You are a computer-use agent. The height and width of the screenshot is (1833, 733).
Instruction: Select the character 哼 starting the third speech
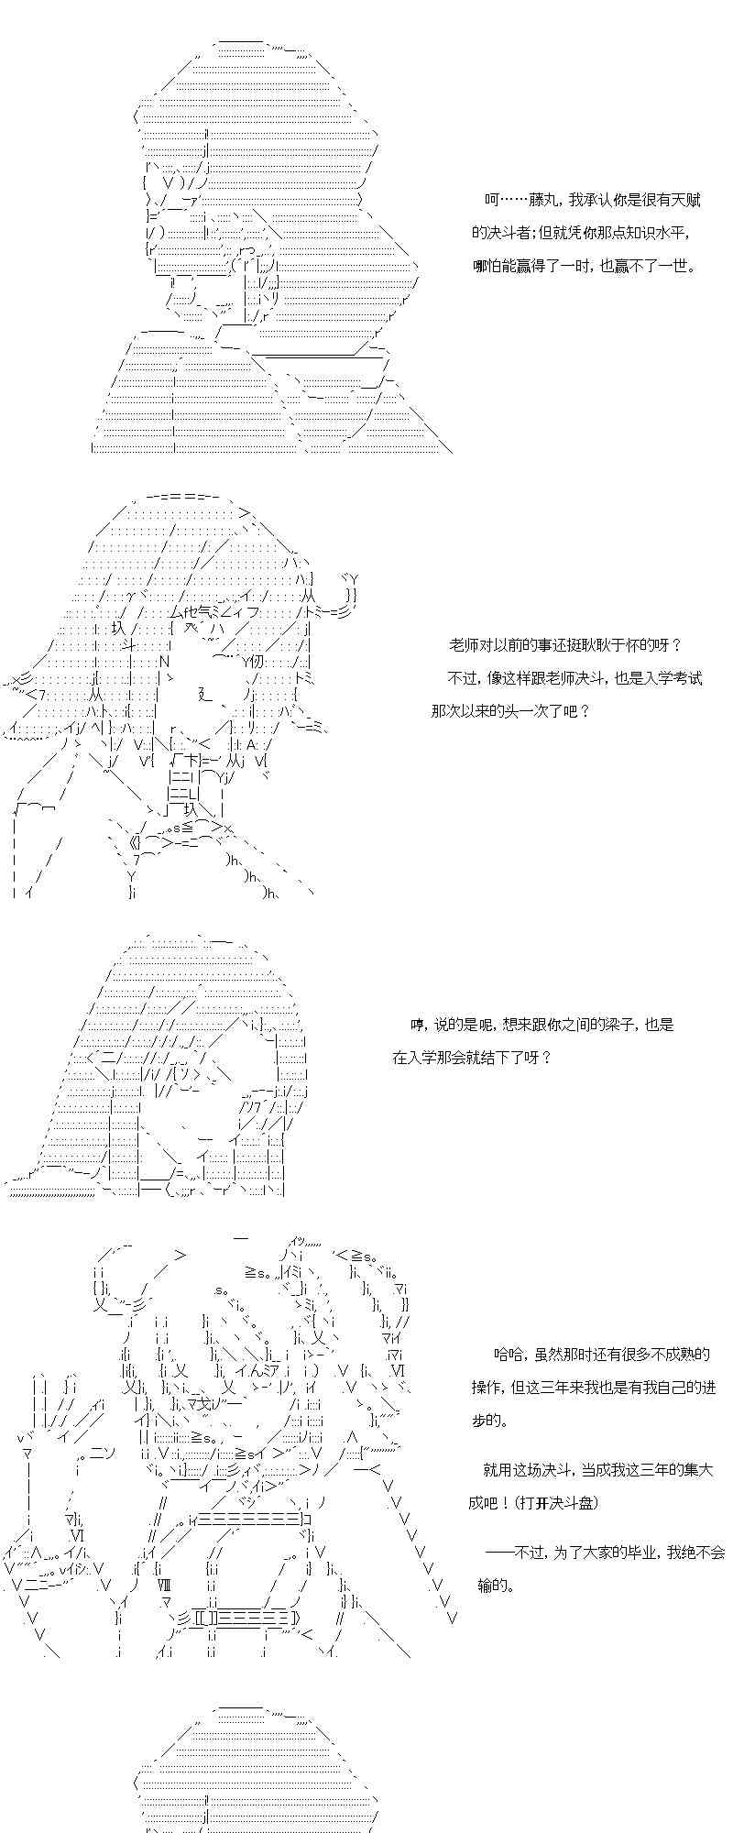[x=418, y=1025]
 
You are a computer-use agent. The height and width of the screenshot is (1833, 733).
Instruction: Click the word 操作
[x=487, y=1387]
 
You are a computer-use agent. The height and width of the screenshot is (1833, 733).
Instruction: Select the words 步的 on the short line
[x=487, y=1420]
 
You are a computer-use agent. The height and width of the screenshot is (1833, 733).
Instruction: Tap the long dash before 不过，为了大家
[x=499, y=1553]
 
